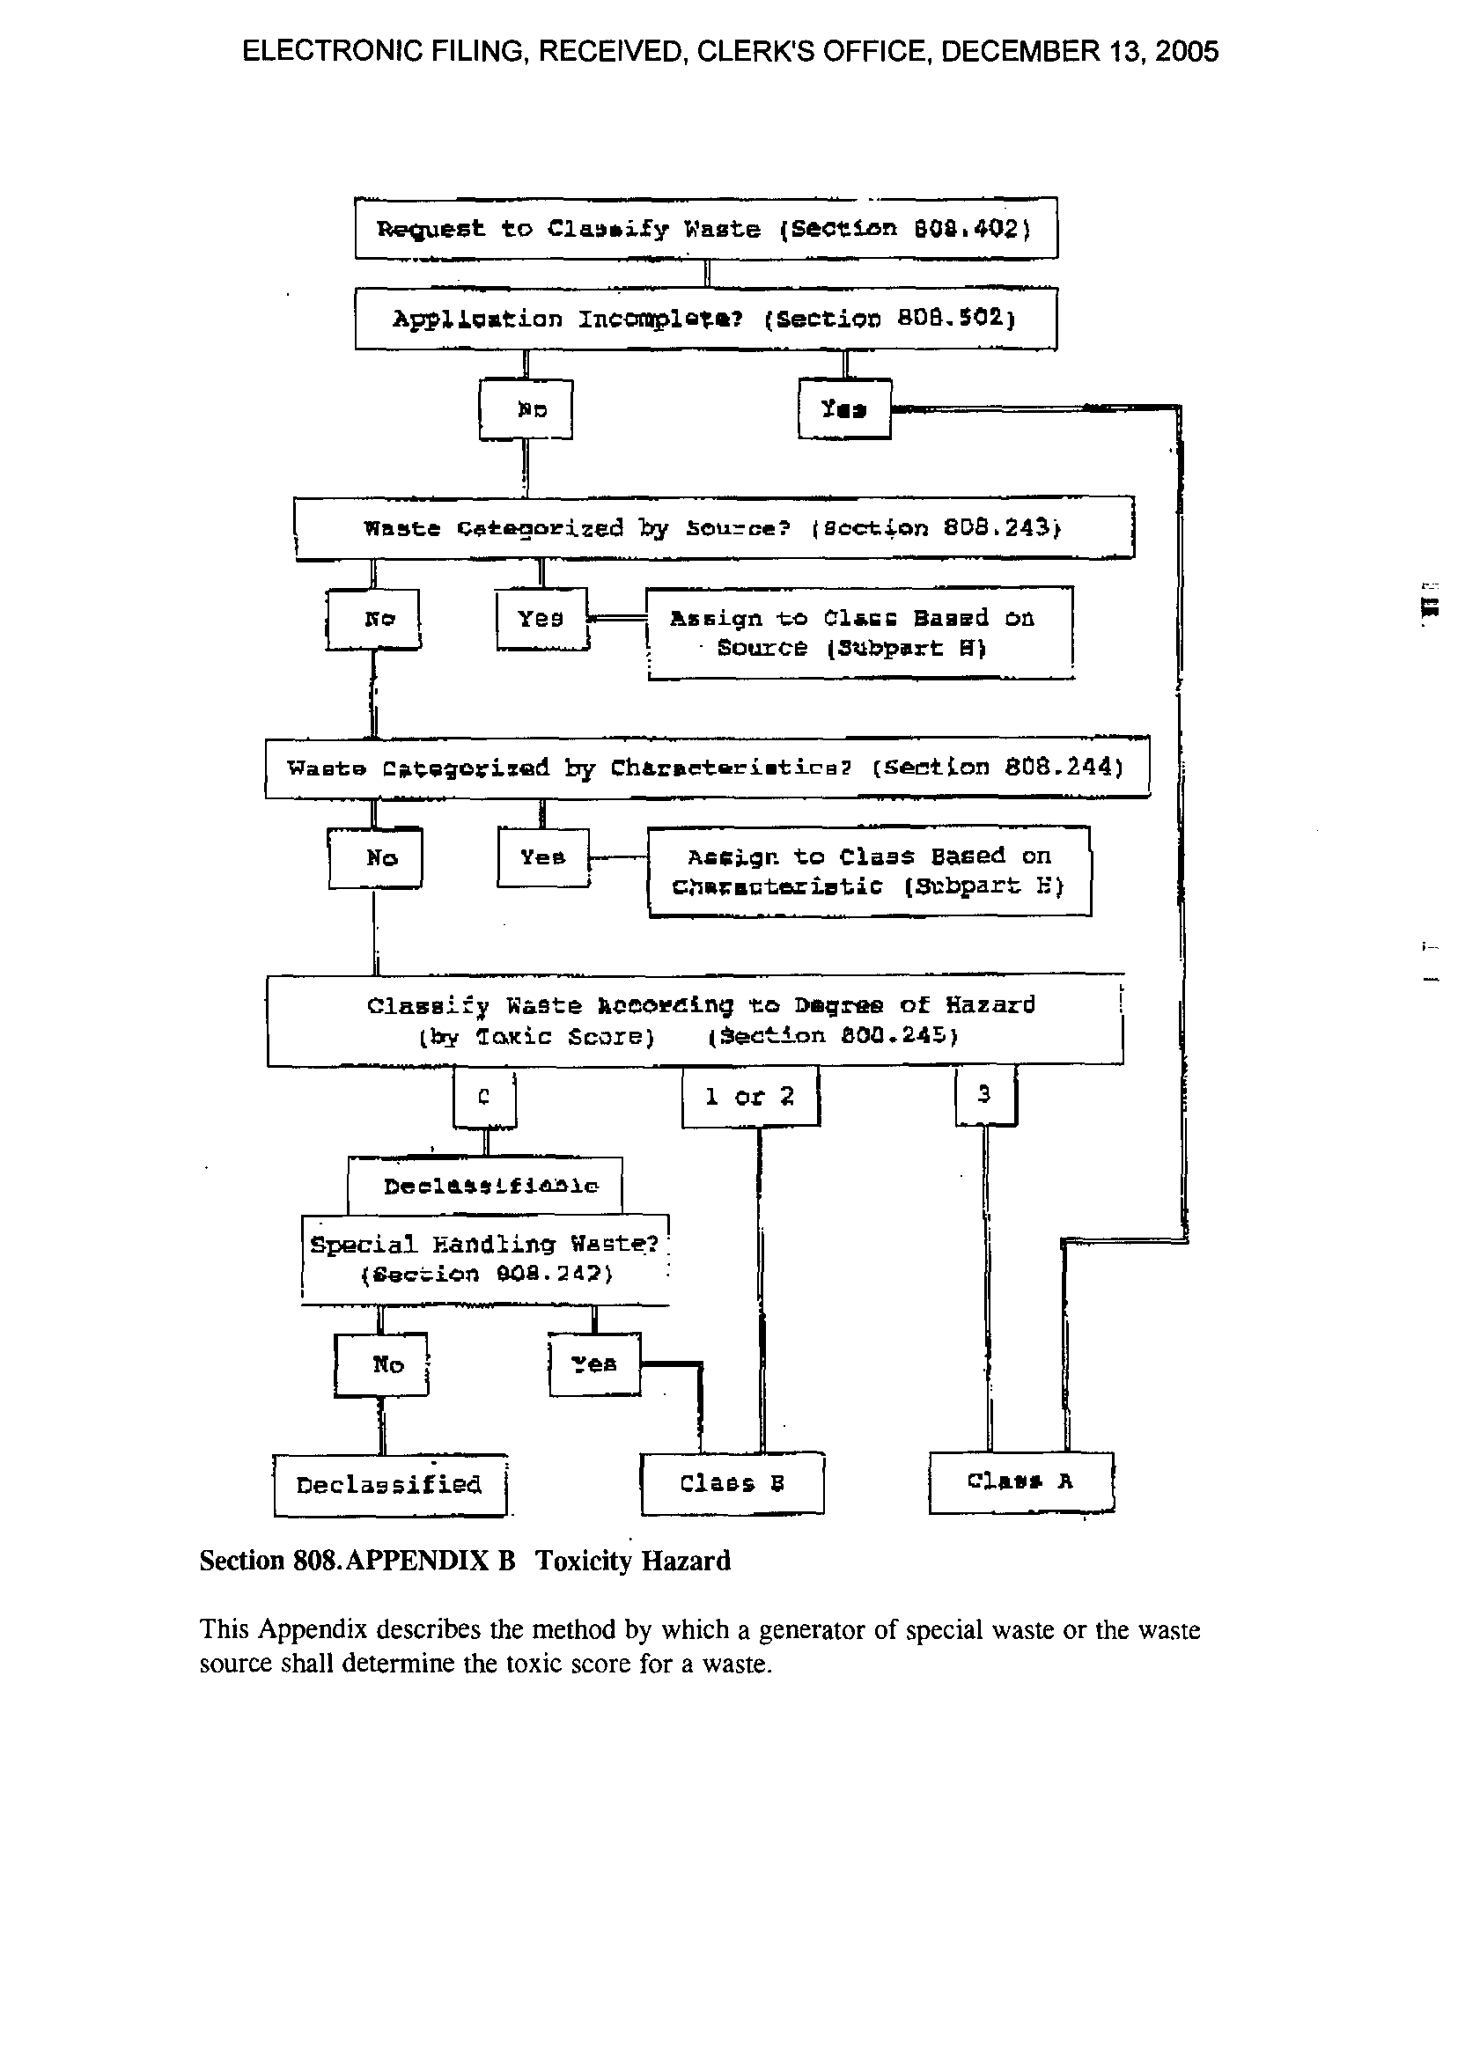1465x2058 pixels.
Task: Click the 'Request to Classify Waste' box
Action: tap(705, 228)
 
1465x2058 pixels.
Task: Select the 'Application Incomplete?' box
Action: tap(705, 319)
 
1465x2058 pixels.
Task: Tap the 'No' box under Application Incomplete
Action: tap(526, 409)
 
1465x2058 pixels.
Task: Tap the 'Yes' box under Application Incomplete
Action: tap(844, 408)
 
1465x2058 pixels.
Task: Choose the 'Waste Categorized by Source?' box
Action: tap(713, 527)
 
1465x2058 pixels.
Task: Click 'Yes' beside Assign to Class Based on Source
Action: tap(541, 619)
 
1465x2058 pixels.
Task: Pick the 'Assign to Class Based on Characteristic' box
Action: tap(869, 871)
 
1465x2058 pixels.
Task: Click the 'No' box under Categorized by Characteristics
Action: tap(374, 857)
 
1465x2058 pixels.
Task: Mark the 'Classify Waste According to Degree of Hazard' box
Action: tap(695, 1020)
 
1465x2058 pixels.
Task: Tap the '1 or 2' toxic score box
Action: tap(750, 1097)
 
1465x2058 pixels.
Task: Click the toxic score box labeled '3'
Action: tap(985, 1095)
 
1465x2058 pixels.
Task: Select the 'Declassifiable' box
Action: tap(485, 1186)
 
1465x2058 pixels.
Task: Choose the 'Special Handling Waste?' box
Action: tap(485, 1259)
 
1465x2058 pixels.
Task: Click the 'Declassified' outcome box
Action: tap(390, 1484)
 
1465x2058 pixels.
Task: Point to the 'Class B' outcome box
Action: tap(732, 1483)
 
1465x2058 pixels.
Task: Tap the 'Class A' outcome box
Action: tap(1021, 1481)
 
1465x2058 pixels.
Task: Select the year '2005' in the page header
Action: tap(1186, 51)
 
